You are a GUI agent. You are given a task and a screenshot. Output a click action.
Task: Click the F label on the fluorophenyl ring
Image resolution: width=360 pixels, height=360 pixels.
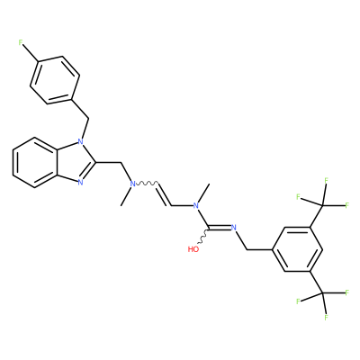[x=21, y=42]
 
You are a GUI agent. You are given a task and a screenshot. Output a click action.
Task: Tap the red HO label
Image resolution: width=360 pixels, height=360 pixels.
[x=193, y=249]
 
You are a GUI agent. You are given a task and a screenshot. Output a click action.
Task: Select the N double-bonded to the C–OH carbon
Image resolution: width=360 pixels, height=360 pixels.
[x=234, y=228]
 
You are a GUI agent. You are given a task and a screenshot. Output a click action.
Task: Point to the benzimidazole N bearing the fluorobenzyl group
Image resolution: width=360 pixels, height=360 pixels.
[x=80, y=140]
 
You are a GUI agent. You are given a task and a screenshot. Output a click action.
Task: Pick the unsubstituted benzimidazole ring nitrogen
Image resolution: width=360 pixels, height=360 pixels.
[x=80, y=182]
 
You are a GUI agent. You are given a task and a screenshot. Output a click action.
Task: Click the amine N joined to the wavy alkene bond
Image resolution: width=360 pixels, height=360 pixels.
[x=133, y=184]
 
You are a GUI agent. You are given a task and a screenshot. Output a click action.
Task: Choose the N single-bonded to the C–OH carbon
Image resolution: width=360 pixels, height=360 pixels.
[x=195, y=205]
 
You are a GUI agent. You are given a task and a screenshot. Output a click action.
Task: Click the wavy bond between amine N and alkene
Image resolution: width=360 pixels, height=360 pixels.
[x=147, y=183]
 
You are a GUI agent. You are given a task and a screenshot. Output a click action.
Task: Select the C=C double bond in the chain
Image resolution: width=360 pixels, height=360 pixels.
[x=165, y=193]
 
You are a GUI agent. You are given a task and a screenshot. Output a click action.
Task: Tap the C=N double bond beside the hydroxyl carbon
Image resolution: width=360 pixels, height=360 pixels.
[x=220, y=228]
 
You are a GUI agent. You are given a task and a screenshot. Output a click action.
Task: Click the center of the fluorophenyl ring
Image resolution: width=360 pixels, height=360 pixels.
[x=55, y=80]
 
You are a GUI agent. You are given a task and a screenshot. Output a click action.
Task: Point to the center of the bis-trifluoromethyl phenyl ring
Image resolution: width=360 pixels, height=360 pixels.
[x=297, y=249]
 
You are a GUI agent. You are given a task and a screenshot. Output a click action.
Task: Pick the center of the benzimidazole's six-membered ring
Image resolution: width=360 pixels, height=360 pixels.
[x=35, y=163]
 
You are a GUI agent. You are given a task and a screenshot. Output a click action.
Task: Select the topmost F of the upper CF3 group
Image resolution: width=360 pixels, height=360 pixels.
[x=326, y=180]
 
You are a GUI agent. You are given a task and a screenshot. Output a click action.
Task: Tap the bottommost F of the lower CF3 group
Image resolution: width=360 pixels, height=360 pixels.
[x=326, y=318]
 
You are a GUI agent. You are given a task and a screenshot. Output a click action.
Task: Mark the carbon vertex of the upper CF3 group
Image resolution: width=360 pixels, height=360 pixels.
[x=323, y=205]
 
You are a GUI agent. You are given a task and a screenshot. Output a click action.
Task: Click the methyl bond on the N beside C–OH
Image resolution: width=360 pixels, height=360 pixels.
[x=202, y=193]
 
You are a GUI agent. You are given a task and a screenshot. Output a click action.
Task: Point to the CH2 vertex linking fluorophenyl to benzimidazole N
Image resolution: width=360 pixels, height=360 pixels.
[x=89, y=118]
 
